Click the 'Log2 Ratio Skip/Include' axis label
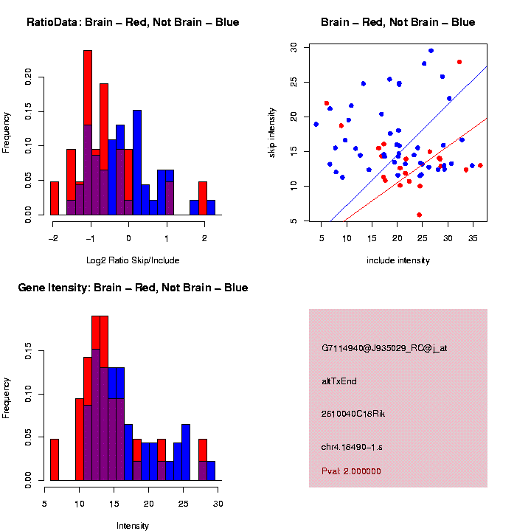click(133, 260)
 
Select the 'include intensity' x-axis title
click(398, 260)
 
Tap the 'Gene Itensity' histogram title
click(133, 288)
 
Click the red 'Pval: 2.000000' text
click(351, 471)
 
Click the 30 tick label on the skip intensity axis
click(294, 47)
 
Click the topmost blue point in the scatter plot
click(431, 51)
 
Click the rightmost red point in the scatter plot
click(480, 165)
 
